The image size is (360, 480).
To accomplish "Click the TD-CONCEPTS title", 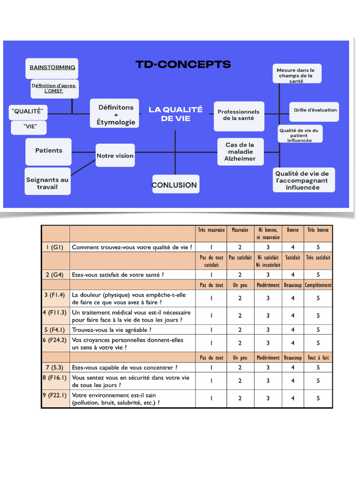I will click(183, 64).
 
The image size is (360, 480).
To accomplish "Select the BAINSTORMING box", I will click(52, 68).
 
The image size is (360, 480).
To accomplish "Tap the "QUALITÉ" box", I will click(28, 112).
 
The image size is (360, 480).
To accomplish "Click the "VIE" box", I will click(29, 127).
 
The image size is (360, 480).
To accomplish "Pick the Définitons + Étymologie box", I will click(116, 114).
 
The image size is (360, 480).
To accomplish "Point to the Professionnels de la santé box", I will click(238, 115).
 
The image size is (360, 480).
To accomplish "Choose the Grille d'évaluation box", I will click(315, 110).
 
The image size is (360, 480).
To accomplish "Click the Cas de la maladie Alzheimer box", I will click(240, 152).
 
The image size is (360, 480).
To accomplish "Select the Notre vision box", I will click(115, 156).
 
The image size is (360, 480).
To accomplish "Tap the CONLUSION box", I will click(175, 185).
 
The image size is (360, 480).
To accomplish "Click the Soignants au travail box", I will click(47, 183).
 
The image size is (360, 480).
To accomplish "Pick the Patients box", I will click(48, 150).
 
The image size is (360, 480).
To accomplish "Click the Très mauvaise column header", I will click(211, 230).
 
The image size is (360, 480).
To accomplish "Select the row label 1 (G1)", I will click(55, 247).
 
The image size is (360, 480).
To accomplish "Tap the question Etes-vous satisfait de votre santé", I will click(118, 275).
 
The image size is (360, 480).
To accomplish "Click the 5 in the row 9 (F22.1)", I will click(318, 398).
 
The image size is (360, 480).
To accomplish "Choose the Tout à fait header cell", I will click(318, 358).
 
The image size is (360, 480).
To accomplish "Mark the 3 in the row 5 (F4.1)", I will click(268, 330).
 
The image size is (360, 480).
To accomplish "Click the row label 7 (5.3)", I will click(55, 367).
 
